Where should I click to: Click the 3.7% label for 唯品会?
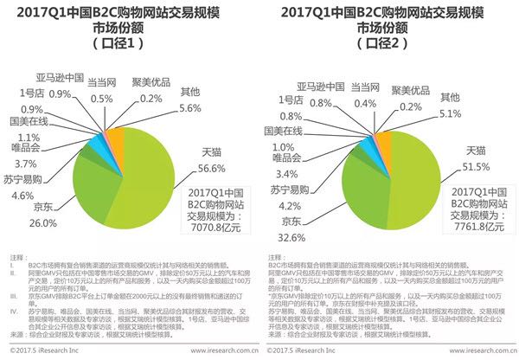22,164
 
